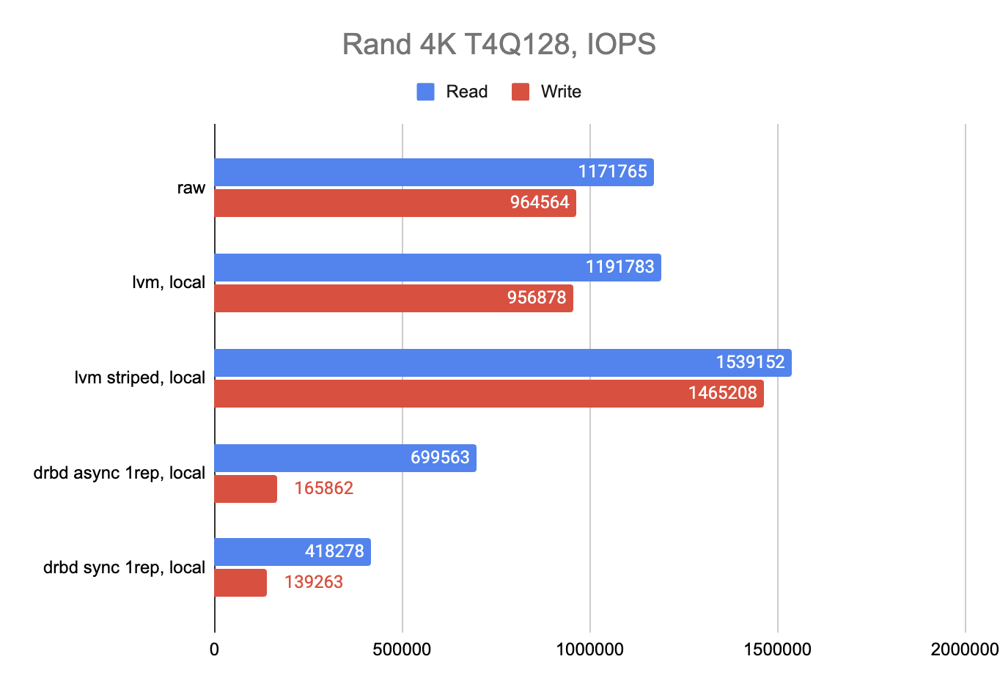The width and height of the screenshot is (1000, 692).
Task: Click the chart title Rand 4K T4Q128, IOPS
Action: click(499, 44)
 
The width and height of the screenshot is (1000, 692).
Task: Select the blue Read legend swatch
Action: click(425, 92)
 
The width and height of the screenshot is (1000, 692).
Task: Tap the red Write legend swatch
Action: click(521, 92)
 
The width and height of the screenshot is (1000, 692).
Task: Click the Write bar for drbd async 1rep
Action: click(246, 489)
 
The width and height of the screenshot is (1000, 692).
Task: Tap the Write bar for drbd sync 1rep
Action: click(240, 583)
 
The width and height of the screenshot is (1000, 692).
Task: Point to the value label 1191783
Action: click(620, 267)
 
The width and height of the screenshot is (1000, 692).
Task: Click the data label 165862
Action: click(323, 488)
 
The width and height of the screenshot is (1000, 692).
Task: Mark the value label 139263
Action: click(313, 582)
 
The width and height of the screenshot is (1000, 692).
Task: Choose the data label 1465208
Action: click(722, 393)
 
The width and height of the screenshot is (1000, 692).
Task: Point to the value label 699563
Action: click(440, 457)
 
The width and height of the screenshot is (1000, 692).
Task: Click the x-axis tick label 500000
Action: click(402, 649)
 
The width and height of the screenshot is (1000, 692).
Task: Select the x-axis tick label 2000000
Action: click(965, 649)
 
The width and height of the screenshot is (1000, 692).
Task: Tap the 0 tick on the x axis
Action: click(214, 649)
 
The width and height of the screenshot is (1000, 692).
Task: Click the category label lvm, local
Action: click(169, 282)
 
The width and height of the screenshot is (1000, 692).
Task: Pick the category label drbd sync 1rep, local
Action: click(124, 567)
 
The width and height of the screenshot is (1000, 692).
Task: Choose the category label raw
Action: click(191, 188)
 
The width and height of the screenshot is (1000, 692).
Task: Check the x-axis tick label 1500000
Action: click(777, 649)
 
